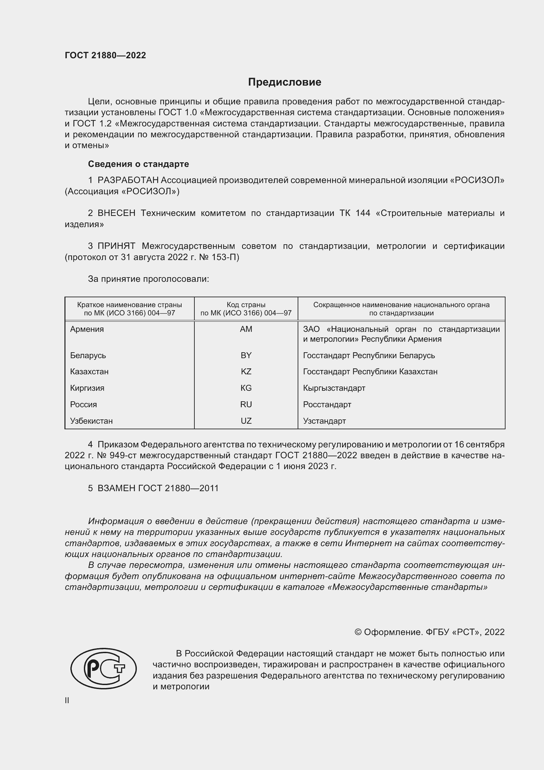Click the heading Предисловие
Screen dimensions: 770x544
tap(284, 82)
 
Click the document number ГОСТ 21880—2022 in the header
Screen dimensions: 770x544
tap(105, 55)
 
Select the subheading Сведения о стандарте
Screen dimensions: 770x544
tap(138, 164)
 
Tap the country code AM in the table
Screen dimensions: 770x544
tap(246, 329)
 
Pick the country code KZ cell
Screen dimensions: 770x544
tap(246, 372)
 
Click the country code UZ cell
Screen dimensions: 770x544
tap(246, 421)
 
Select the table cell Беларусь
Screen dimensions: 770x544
tap(88, 355)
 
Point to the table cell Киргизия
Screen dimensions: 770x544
tap(87, 388)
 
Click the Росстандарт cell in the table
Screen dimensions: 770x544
tap(327, 405)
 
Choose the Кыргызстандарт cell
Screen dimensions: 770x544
tap(334, 388)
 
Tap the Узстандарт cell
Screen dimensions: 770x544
tap(324, 421)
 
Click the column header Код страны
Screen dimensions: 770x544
tap(246, 305)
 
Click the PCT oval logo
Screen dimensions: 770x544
tap(104, 668)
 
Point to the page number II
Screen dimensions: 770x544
tap(67, 700)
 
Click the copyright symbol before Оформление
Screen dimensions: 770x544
tap(358, 632)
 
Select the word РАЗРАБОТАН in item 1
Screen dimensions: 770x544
tap(128, 180)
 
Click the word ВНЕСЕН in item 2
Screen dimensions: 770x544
tap(116, 213)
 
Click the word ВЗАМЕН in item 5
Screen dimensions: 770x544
tap(116, 488)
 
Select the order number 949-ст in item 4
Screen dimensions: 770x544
tap(124, 455)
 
